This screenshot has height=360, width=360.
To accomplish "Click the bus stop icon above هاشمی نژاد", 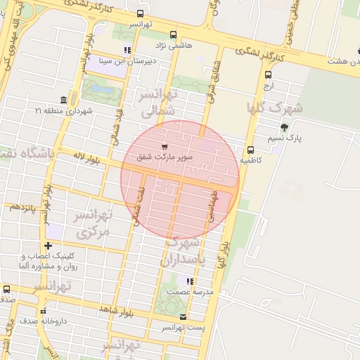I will click(174, 34).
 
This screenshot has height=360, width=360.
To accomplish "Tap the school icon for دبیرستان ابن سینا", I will click(127, 50).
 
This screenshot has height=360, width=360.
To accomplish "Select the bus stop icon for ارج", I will click(268, 75).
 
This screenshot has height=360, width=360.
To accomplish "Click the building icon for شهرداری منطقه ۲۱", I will click(64, 99).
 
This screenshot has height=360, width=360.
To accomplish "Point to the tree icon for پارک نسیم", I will click(284, 127).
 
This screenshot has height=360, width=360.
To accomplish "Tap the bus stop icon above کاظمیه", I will click(250, 150).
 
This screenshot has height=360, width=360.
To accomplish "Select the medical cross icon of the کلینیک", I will click(48, 245).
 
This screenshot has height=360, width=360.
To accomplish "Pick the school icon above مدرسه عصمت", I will click(190, 281).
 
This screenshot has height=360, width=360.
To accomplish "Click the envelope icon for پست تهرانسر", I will click(184, 316).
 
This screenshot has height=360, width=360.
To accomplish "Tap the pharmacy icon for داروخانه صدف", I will click(43, 310).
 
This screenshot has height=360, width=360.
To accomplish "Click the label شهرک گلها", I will click(274, 108).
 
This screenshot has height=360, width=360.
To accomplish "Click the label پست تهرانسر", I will click(184, 328).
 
